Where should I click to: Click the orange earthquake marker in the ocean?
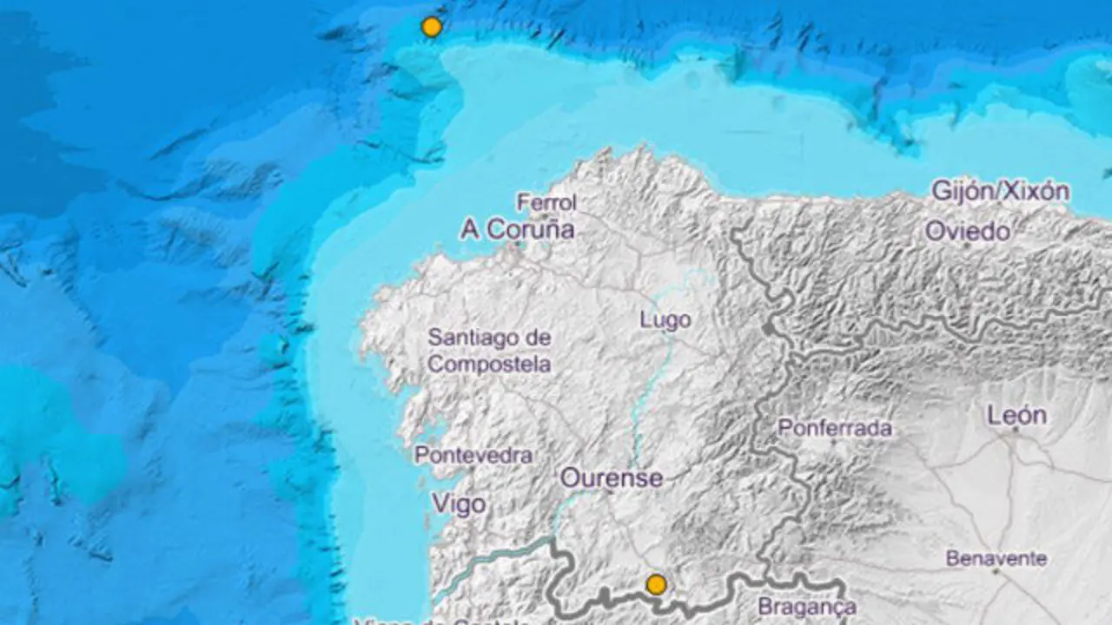pyautogui.click(x=432, y=27)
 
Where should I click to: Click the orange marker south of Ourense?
pyautogui.click(x=657, y=584)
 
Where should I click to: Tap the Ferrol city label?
pyautogui.click(x=546, y=202)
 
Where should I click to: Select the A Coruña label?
pyautogui.click(x=517, y=229)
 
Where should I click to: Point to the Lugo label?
pyautogui.click(x=665, y=319)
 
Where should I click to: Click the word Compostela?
pyautogui.click(x=489, y=364)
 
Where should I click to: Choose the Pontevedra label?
pyautogui.click(x=473, y=455)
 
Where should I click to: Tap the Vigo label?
pyautogui.click(x=458, y=503)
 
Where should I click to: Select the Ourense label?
pyautogui.click(x=611, y=477)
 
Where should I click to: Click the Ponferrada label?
pyautogui.click(x=835, y=428)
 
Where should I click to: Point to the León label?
pyautogui.click(x=1016, y=416)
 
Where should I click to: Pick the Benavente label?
pyautogui.click(x=996, y=558)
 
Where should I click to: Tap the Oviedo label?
pyautogui.click(x=967, y=232)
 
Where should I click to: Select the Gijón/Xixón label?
pyautogui.click(x=1000, y=191)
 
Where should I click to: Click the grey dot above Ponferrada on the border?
pyautogui.click(x=768, y=330)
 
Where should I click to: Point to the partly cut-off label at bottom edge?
pyautogui.click(x=443, y=620)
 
